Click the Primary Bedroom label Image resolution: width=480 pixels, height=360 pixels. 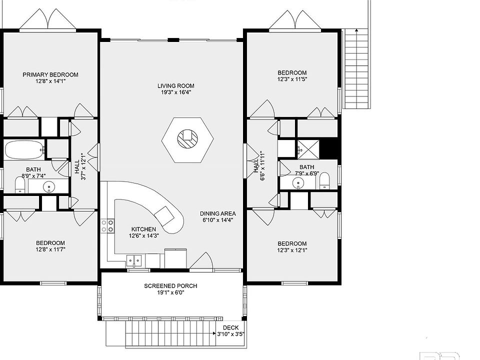click(x=50, y=74)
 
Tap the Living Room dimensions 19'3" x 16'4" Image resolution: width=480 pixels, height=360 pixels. click(x=176, y=92)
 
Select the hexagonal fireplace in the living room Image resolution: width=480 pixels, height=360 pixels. click(x=187, y=140)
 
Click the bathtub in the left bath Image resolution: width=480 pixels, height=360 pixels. click(x=25, y=149)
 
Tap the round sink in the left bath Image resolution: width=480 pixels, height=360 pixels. click(x=48, y=186)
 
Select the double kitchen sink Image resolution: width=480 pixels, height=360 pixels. click(x=134, y=261)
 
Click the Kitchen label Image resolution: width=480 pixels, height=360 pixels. click(x=143, y=229)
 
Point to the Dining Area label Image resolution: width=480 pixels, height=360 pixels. click(x=218, y=213)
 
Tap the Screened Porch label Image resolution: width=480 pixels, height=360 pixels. click(x=170, y=286)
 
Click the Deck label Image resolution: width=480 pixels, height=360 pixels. click(x=231, y=327)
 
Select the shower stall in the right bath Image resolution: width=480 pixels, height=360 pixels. click(x=308, y=149)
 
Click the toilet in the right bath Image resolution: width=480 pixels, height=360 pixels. click(x=324, y=181)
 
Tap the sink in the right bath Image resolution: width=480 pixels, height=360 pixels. click(x=298, y=183)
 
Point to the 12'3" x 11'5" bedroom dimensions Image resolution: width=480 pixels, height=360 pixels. click(x=292, y=79)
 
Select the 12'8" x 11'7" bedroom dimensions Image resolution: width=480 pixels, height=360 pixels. click(x=50, y=249)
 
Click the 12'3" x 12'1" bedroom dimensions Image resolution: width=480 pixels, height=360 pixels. click(x=292, y=250)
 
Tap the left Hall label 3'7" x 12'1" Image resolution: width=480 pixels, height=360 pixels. click(x=80, y=167)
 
